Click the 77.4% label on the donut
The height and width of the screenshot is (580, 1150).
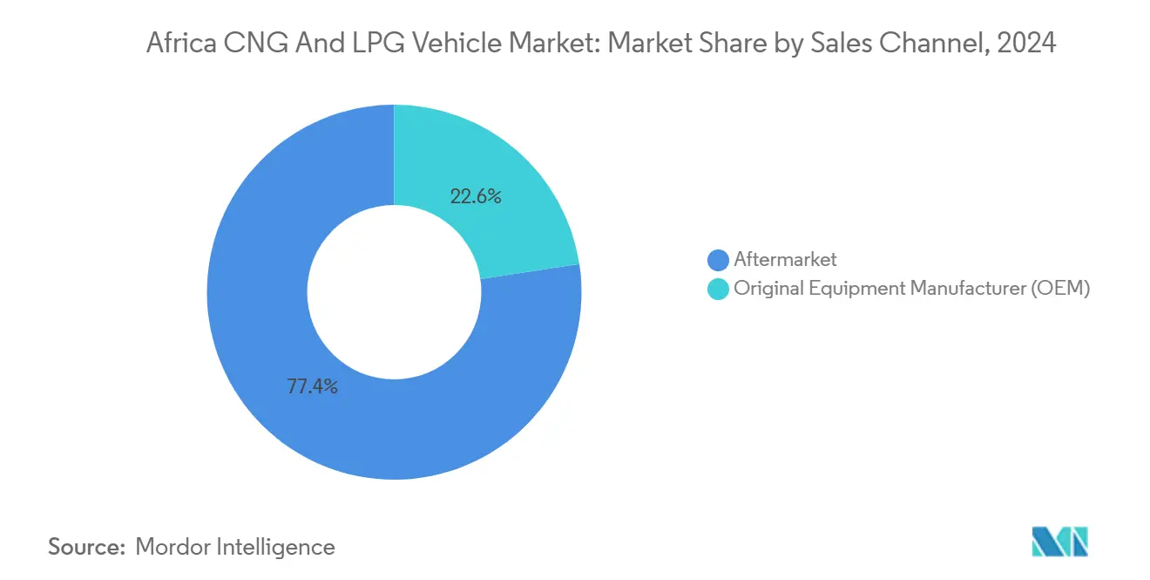[312, 386]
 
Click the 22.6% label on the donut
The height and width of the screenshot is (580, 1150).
[475, 196]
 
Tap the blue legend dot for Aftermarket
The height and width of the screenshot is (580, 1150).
[719, 260]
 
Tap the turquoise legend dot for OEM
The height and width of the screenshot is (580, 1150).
[719, 290]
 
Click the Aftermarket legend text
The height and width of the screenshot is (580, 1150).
[785, 259]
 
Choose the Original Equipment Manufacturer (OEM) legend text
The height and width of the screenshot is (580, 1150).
[911, 289]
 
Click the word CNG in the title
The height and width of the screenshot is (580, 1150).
[253, 43]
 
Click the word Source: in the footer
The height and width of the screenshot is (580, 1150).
[86, 547]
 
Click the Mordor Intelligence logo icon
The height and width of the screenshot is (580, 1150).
[1059, 542]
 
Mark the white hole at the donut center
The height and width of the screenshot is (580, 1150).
[394, 292]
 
